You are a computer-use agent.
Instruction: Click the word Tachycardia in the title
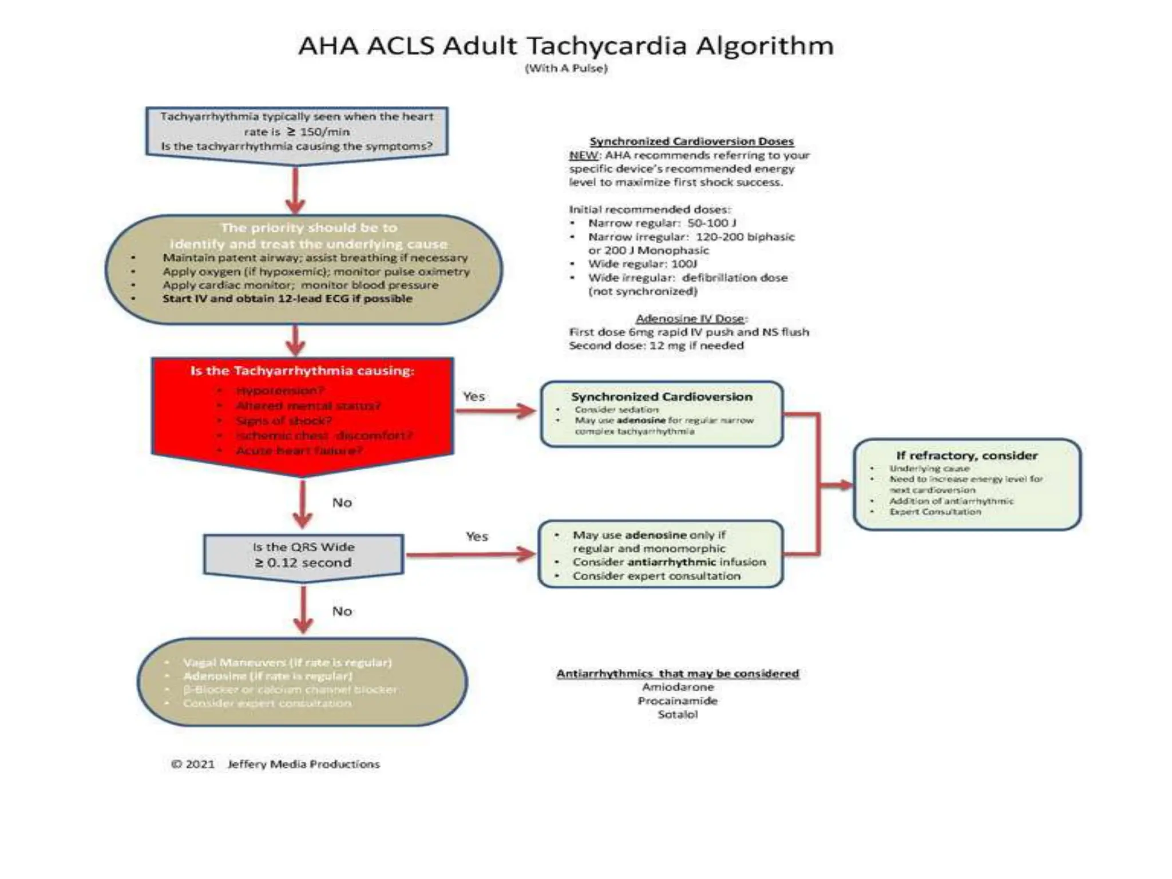coord(605,46)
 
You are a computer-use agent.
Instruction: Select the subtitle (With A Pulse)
coord(566,68)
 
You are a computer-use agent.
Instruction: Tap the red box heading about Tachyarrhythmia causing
coord(302,371)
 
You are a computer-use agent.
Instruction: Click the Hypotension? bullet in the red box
coord(280,390)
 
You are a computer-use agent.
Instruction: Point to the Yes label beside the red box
coord(474,396)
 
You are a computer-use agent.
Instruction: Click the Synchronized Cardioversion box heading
coord(662,397)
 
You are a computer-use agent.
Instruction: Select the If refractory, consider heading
coord(967,456)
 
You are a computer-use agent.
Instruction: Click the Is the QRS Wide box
coord(303,555)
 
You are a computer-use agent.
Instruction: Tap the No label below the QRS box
coord(342,611)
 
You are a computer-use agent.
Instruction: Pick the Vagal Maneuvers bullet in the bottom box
coord(287,662)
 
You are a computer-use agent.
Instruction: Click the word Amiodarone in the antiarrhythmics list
coord(678,687)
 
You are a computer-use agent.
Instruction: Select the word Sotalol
coord(678,714)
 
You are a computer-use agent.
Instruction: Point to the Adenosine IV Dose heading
coord(691,318)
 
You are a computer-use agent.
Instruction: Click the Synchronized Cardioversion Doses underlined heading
coord(691,141)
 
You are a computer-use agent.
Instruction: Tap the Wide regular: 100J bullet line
coord(642,264)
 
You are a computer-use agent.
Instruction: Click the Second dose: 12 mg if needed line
coord(656,346)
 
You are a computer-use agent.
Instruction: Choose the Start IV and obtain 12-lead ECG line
coord(287,299)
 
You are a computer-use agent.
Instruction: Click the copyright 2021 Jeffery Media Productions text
coord(275,764)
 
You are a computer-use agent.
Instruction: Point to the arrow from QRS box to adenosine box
coord(469,554)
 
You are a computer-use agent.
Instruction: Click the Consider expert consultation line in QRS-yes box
coord(656,576)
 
